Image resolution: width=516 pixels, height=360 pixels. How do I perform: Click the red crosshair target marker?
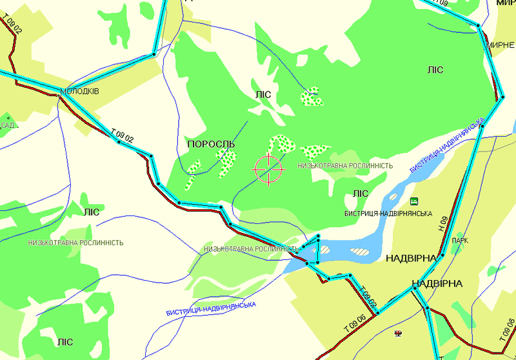pyautogui.click(x=269, y=169)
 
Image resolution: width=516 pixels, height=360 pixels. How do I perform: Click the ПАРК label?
pyautogui.click(x=461, y=241)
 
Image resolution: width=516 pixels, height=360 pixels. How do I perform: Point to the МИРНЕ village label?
pyautogui.click(x=501, y=45)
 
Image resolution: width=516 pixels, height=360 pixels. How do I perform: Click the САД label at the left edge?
pyautogui.click(x=7, y=125)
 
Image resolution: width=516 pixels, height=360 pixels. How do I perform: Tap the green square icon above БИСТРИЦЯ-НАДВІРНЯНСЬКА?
pyautogui.click(x=413, y=201)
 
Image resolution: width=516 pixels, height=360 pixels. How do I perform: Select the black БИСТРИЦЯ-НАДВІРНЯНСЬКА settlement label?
pyautogui.click(x=388, y=214)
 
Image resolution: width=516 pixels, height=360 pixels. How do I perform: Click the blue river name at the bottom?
pyautogui.click(x=211, y=308)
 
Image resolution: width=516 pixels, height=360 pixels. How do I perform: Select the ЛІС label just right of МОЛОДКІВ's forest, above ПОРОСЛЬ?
pyautogui.click(x=263, y=95)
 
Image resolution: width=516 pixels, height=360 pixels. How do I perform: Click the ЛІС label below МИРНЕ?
pyautogui.click(x=435, y=70)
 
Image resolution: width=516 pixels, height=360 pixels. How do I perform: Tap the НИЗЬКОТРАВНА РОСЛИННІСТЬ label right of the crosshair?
pyautogui.click(x=345, y=166)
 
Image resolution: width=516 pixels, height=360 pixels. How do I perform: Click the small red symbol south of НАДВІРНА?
pyautogui.click(x=398, y=333)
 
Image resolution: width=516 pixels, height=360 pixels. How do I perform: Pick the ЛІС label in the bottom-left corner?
pyautogui.click(x=64, y=342)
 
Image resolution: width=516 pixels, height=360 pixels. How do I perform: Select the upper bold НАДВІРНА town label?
pyautogui.click(x=411, y=258)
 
